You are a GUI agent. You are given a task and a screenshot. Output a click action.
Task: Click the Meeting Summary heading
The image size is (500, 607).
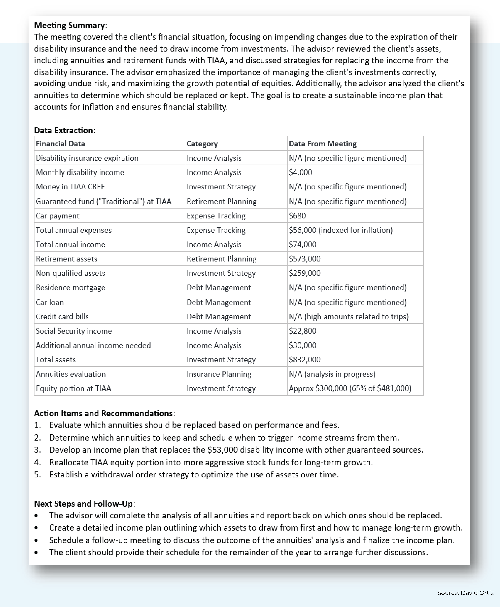pyautogui.click(x=69, y=25)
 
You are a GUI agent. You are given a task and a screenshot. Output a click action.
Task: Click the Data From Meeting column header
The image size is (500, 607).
pyautogui.click(x=322, y=144)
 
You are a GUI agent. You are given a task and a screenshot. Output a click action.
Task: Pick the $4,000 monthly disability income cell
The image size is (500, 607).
pyautogui.click(x=300, y=172)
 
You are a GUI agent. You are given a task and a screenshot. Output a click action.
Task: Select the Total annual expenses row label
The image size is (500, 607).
pyautogui.click(x=73, y=230)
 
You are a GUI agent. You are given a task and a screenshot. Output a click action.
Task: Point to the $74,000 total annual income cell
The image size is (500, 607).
pyautogui.click(x=302, y=244)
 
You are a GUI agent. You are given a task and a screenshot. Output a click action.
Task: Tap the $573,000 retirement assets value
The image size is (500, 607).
pyautogui.click(x=304, y=259)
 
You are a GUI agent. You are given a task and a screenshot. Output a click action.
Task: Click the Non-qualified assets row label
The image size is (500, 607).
pyautogui.click(x=70, y=273)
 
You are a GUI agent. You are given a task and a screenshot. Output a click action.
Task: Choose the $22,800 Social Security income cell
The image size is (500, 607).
pyautogui.click(x=302, y=331)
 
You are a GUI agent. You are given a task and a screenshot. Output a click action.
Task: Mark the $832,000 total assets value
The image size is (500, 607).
pyautogui.click(x=304, y=360)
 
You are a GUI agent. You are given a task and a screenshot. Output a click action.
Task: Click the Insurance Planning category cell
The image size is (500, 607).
pyautogui.click(x=219, y=374)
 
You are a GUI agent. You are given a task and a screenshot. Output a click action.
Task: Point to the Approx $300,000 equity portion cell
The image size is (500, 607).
pyautogui.click(x=350, y=389)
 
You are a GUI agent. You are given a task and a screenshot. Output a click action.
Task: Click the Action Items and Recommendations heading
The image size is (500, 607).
pyautogui.click(x=103, y=413)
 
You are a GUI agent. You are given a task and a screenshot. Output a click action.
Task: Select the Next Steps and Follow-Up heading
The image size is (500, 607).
pyautogui.click(x=83, y=504)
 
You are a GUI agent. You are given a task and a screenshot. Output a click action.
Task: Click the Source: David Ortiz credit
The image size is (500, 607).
pyautogui.click(x=465, y=593)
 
